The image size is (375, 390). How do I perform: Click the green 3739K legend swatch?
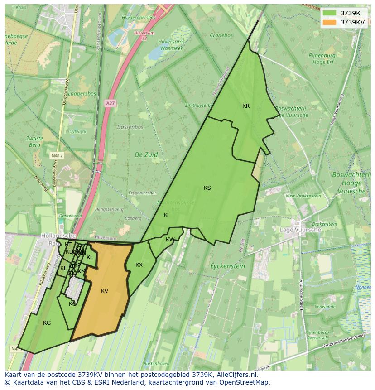pos(330,13)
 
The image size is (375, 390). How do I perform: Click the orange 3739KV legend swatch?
pos(330,22)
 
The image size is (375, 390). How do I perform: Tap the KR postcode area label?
pos(246,106)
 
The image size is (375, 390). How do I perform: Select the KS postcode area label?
pos(207,188)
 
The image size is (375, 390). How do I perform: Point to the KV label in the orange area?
pos(105,291)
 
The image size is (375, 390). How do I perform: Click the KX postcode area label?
pos(139,265)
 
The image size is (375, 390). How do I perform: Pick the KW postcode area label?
pos(170,240)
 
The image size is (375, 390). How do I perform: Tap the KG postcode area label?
pos(47,323)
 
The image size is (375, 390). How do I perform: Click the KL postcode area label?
pos(90,257)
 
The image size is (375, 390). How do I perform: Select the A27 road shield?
pos(110,103)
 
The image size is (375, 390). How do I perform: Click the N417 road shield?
pos(57,155)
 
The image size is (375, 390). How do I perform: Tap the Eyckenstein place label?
pos(228,266)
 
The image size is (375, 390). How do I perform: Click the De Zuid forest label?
pos(146,154)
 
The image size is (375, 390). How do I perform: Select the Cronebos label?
pos(221,35)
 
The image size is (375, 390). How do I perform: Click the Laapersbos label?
pos(82,94)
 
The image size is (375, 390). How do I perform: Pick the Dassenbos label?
pos(130,127)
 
